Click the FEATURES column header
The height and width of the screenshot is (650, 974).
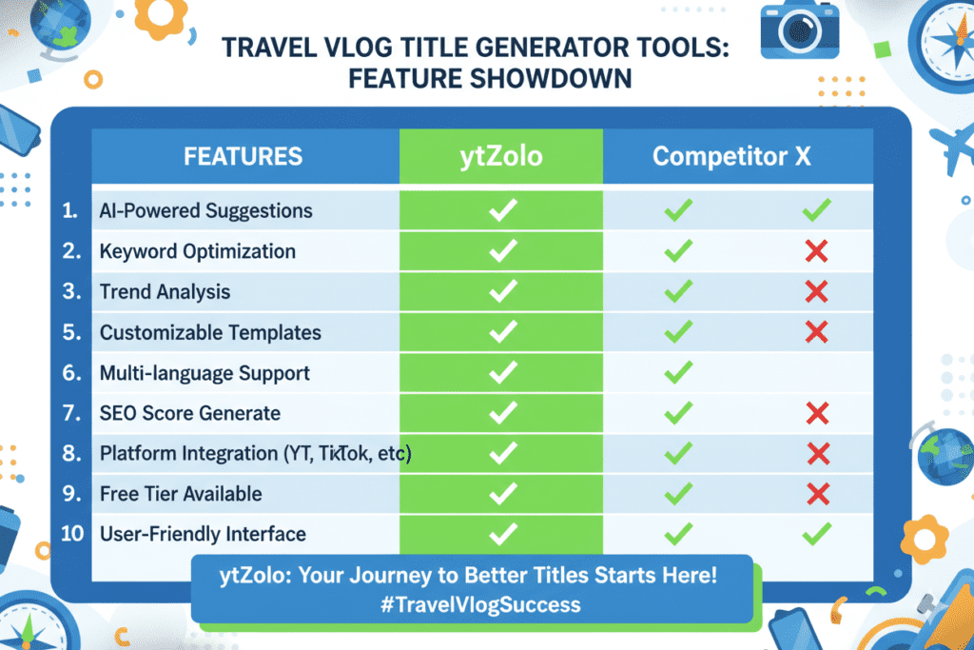[243, 156]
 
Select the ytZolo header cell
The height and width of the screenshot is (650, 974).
[500, 156]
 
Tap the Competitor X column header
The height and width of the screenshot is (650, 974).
[731, 156]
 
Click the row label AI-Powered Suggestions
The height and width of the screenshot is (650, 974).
[205, 211]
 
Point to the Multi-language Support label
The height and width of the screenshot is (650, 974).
[205, 373]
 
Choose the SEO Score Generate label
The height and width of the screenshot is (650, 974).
[189, 414]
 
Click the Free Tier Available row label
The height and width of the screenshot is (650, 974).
[180, 494]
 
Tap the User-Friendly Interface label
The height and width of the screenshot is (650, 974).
[204, 534]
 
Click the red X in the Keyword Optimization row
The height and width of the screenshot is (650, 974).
[815, 252]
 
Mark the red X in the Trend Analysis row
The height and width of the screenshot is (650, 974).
[815, 292]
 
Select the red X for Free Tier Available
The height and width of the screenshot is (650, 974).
[815, 494]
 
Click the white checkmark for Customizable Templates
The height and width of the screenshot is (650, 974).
[501, 332]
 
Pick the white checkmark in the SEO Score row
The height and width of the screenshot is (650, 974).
[501, 413]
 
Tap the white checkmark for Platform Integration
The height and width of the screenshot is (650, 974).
[501, 454]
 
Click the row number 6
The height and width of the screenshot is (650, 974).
[70, 373]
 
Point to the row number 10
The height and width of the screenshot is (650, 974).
[72, 534]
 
